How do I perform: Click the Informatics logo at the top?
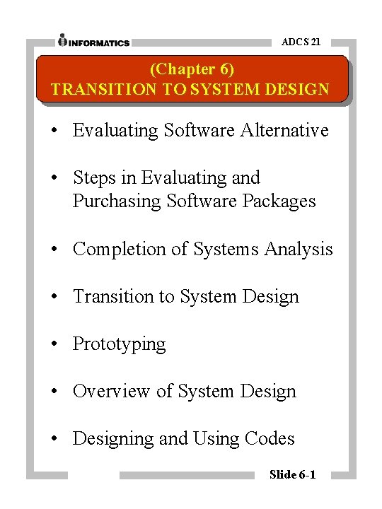[x=94, y=41]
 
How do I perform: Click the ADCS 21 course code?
[x=301, y=42]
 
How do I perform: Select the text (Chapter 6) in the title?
[x=192, y=69]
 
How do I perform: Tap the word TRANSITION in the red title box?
[x=97, y=90]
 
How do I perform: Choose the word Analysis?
[x=298, y=249]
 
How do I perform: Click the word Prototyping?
[x=119, y=344]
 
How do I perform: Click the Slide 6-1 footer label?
[x=292, y=474]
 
